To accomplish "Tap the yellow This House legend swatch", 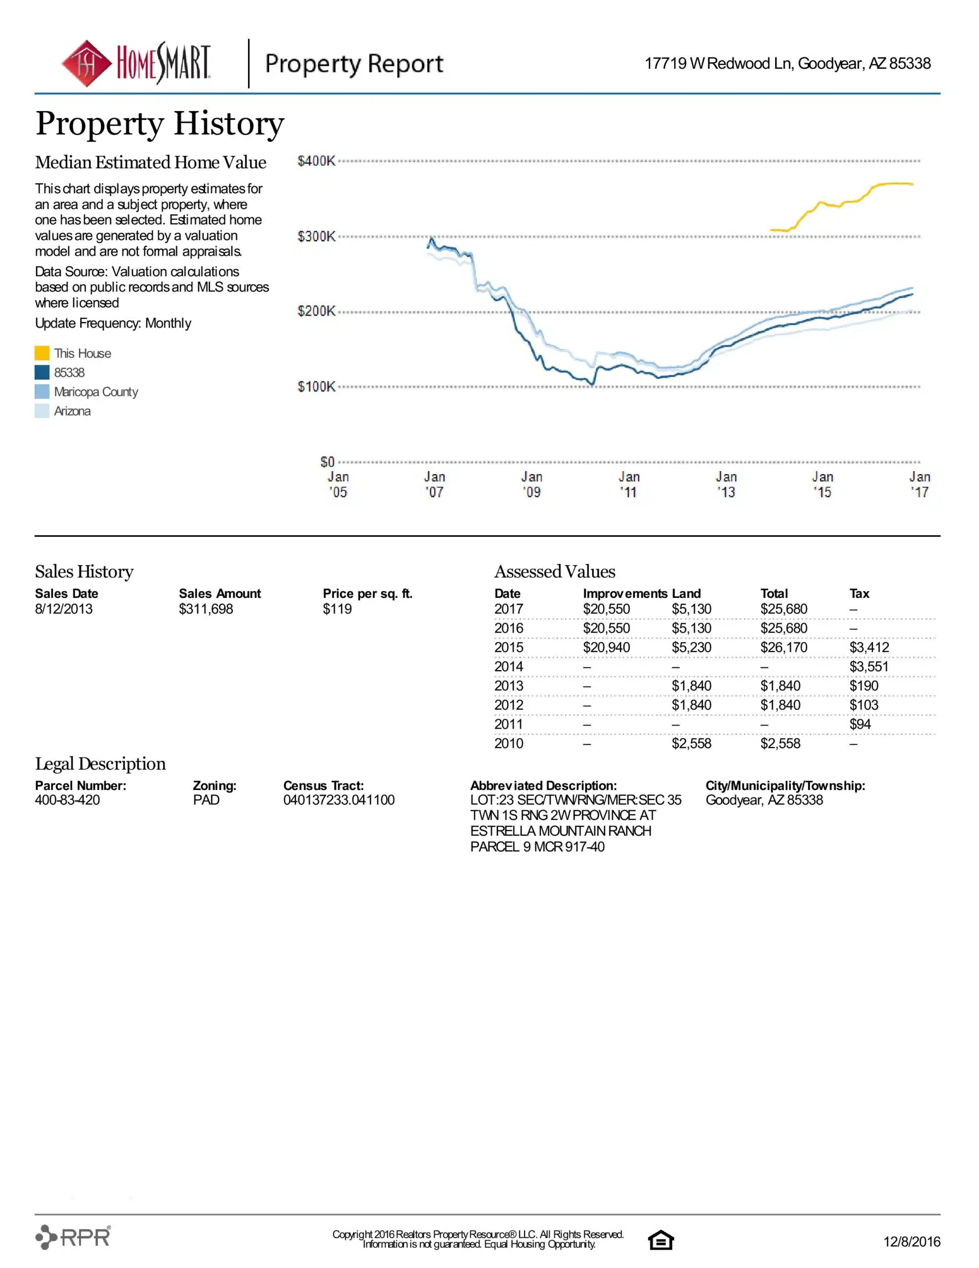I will [x=42, y=353].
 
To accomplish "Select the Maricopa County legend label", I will [x=96, y=392].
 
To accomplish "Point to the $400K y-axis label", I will [x=316, y=161].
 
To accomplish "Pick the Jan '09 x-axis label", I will [x=532, y=484].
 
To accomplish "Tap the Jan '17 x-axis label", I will [x=919, y=484].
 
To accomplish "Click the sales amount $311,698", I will [x=206, y=609].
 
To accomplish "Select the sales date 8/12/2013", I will [x=64, y=609].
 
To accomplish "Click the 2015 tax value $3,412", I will [x=869, y=647].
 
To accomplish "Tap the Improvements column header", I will [x=625, y=593].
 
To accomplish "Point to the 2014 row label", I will [x=508, y=667].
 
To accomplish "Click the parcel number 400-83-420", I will [x=67, y=800].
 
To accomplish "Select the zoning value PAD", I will [x=206, y=800].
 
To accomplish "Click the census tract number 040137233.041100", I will [x=339, y=800].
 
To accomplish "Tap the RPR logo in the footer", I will [x=73, y=1237].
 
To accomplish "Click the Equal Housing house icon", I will [x=660, y=1240].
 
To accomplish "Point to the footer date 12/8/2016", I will [x=911, y=1241].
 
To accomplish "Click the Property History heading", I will [x=159, y=124].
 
